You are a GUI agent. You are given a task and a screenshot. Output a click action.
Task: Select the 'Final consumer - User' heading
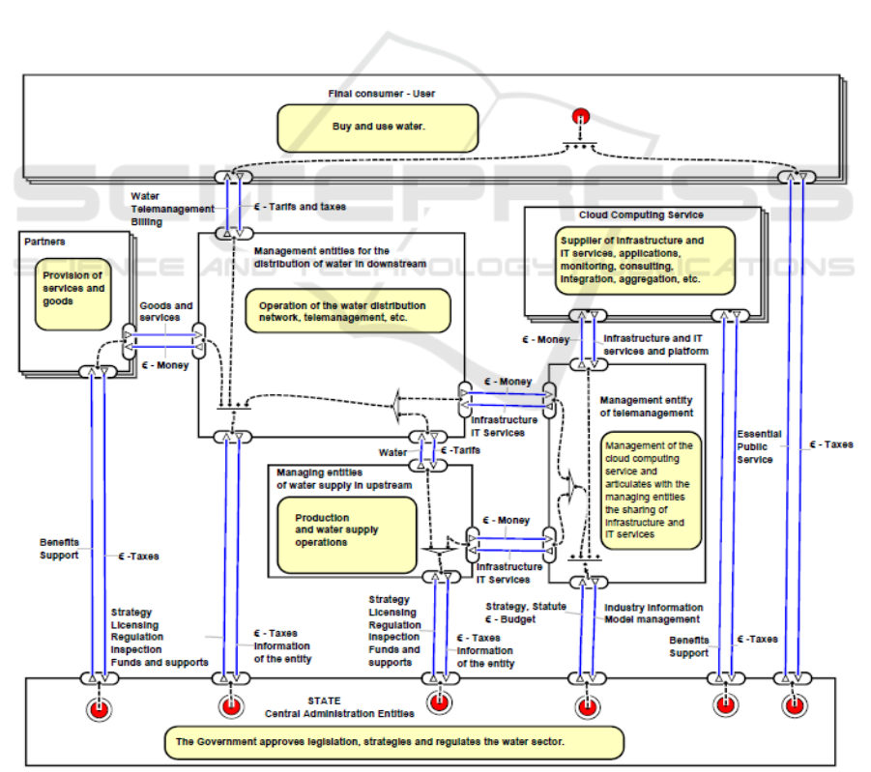point(381,94)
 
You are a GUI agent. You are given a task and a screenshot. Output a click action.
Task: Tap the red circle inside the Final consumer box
point(581,118)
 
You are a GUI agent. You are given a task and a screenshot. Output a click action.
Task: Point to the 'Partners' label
point(45,242)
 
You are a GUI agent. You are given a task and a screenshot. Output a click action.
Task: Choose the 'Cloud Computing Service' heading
point(641,214)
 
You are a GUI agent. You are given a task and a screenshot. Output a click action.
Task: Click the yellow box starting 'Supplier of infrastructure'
point(645,259)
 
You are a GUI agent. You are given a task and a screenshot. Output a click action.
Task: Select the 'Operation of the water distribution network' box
point(348,310)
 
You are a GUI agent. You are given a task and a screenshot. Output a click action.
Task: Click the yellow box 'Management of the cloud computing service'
point(650,490)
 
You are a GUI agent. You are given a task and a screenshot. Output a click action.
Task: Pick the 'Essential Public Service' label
point(759,447)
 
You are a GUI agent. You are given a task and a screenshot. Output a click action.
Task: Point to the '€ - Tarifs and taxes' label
point(299,207)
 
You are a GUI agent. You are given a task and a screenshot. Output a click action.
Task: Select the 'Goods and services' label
point(166,312)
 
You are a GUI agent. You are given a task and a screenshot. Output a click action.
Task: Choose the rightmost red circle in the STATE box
point(794,706)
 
